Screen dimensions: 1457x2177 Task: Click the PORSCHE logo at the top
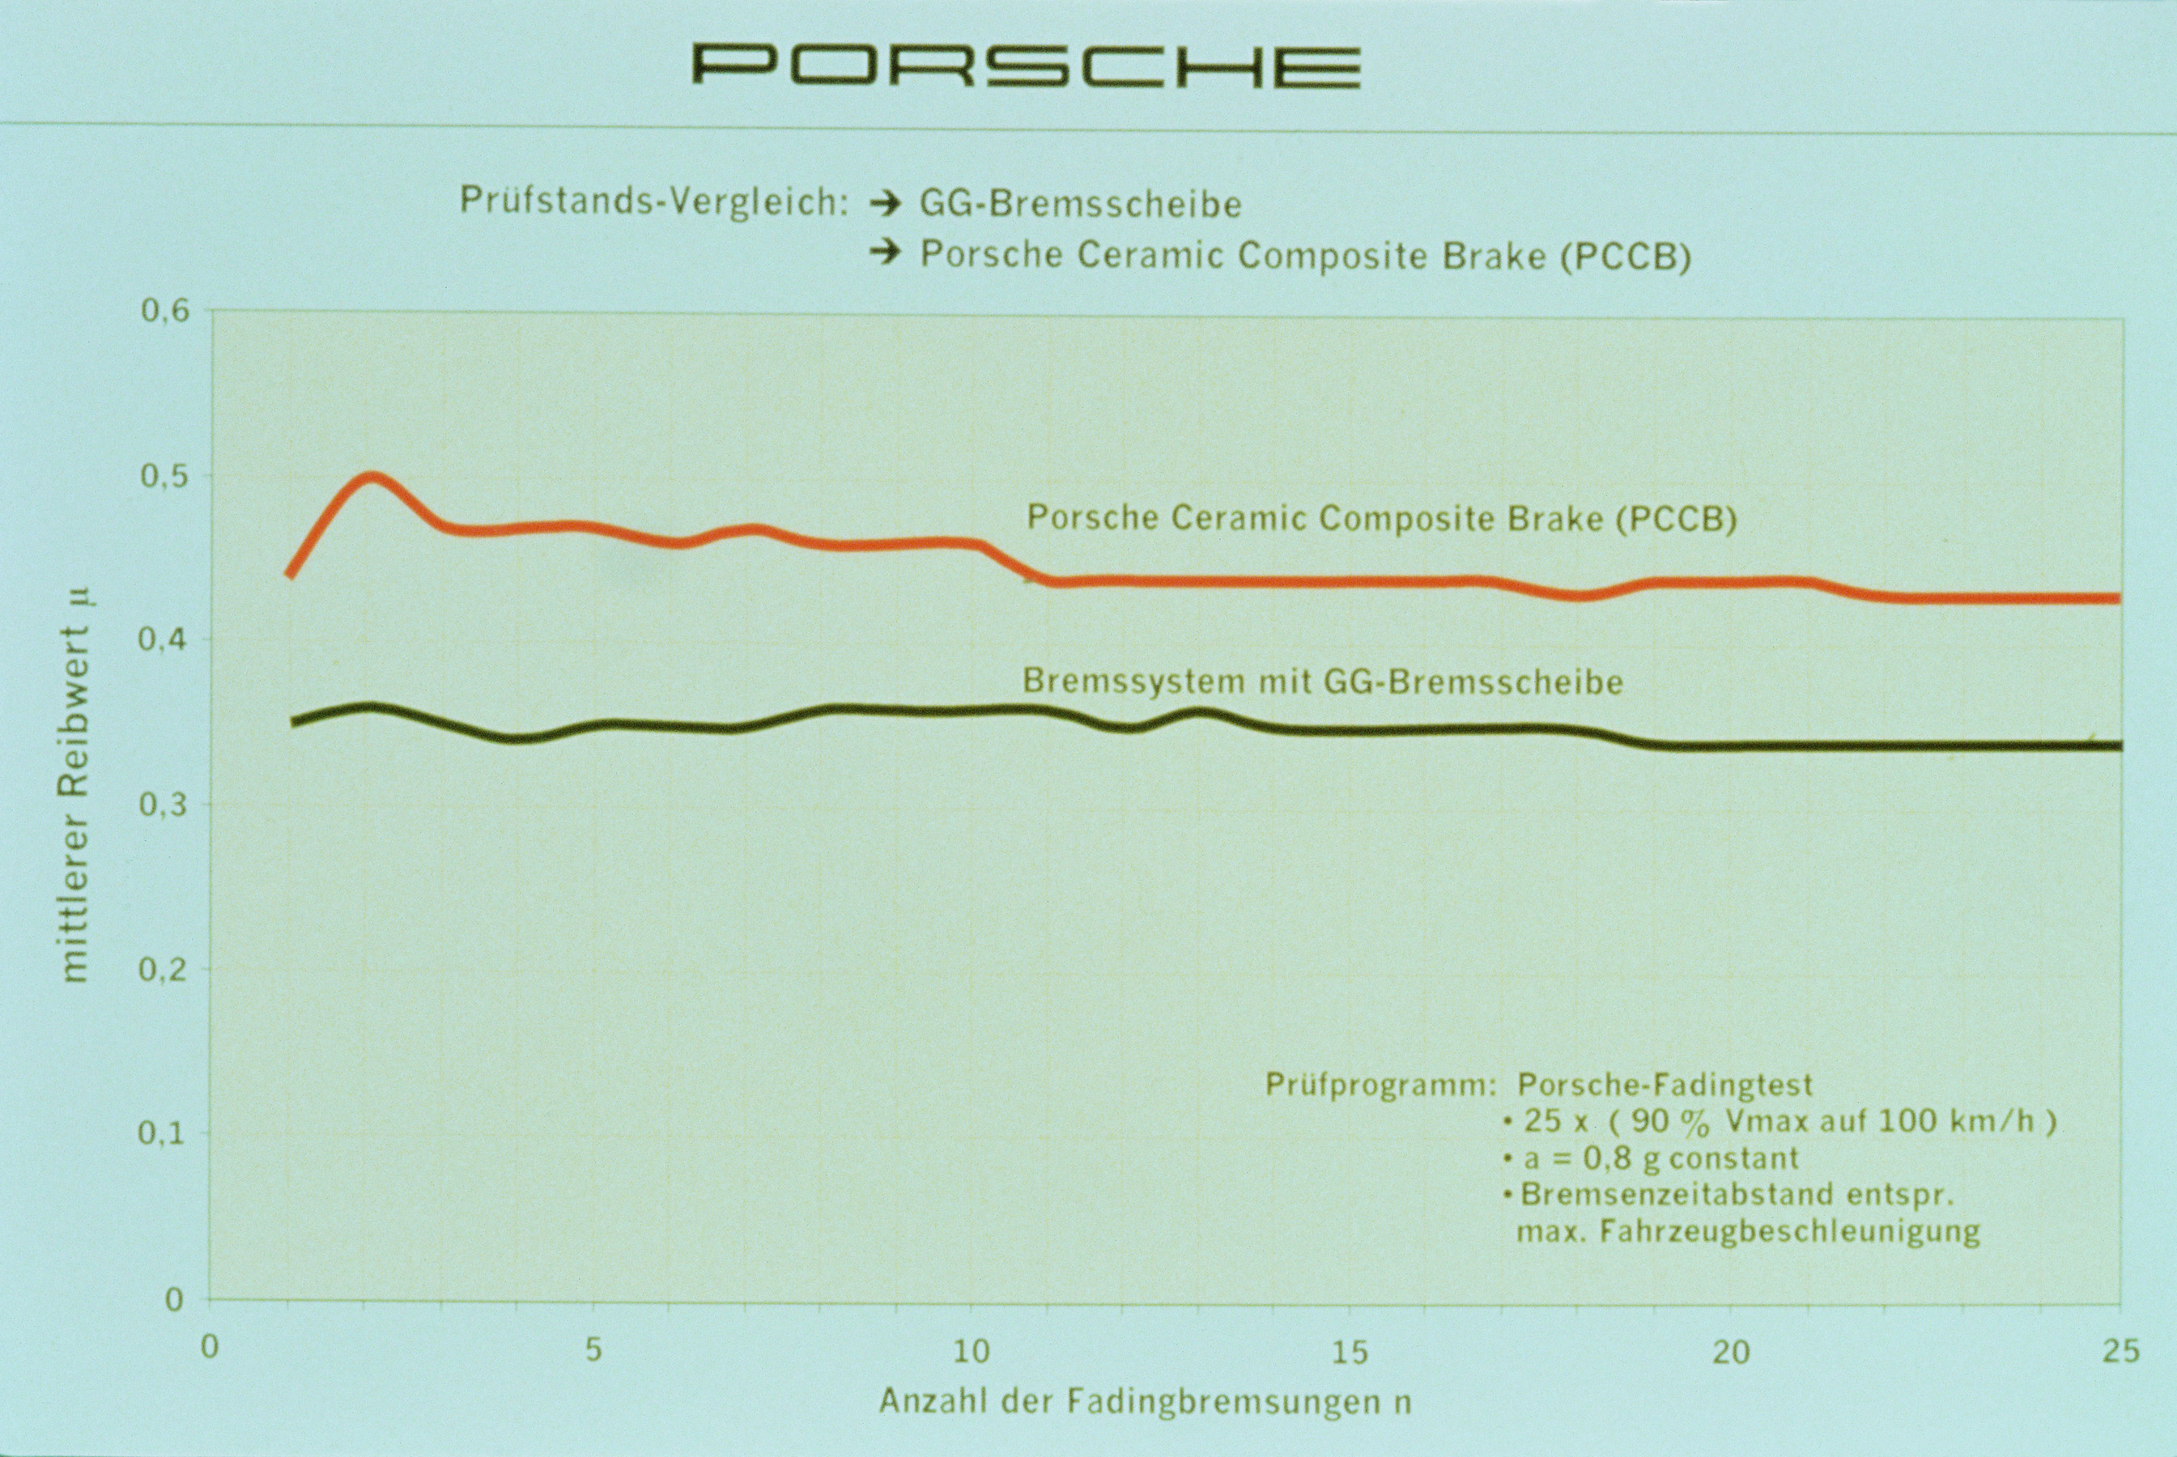click(1026, 66)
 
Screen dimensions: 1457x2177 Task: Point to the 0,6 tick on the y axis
click(164, 310)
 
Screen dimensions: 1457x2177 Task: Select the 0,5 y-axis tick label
click(164, 476)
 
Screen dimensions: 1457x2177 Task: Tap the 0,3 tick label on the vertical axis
click(164, 805)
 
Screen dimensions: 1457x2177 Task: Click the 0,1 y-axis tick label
click(164, 1135)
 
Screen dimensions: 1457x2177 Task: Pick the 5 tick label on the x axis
click(593, 1350)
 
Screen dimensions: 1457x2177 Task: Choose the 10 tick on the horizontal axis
click(972, 1350)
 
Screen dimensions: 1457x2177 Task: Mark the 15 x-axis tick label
click(1350, 1350)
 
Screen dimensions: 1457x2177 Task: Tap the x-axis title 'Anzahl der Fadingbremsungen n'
click(1145, 1401)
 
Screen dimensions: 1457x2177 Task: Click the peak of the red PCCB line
click(372, 478)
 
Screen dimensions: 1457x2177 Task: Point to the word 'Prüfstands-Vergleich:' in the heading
click(654, 202)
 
